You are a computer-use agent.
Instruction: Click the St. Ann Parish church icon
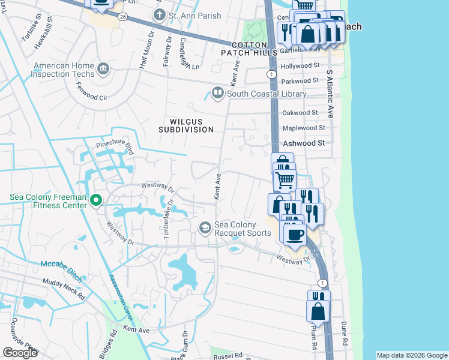coord(159,14)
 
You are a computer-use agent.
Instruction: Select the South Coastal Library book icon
coord(217,93)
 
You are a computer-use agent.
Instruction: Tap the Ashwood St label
coord(304,143)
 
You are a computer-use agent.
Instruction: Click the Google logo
coord(20,353)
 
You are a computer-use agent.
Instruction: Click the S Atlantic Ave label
coord(329,93)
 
